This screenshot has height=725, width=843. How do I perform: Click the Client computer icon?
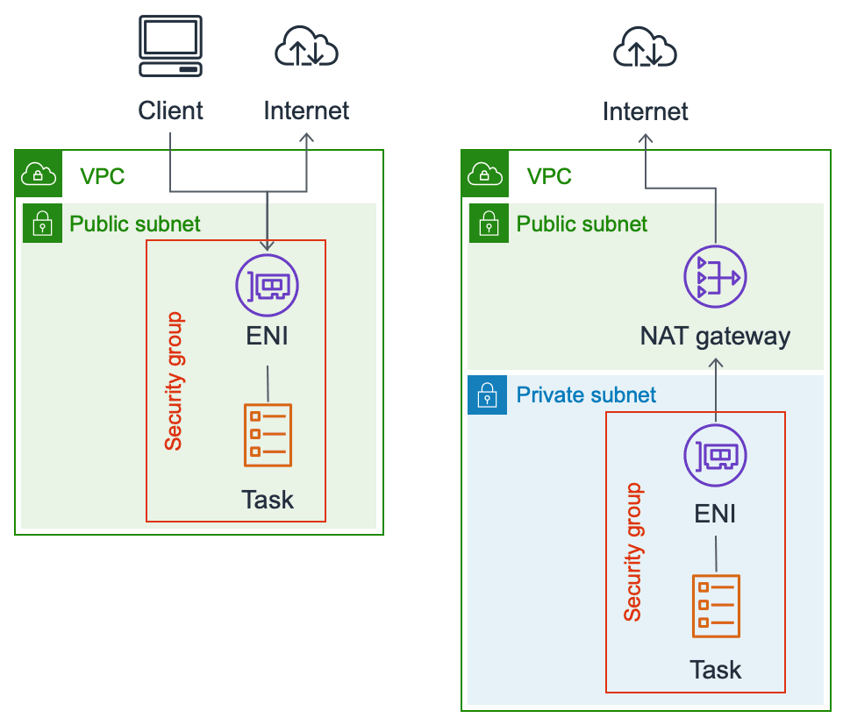pyautogui.click(x=170, y=48)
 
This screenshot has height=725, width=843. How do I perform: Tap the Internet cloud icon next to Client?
pyautogui.click(x=306, y=48)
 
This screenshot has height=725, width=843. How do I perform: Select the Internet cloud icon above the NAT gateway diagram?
pyautogui.click(x=645, y=48)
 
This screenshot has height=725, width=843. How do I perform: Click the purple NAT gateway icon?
pyautogui.click(x=714, y=278)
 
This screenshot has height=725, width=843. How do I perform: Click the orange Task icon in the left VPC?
pyautogui.click(x=268, y=435)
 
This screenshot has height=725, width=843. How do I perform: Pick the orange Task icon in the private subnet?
pyautogui.click(x=716, y=606)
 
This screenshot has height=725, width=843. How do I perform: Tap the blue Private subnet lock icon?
pyautogui.click(x=488, y=395)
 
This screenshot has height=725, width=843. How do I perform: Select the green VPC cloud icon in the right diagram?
pyautogui.click(x=484, y=175)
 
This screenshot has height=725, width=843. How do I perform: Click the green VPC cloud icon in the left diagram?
pyautogui.click(x=38, y=175)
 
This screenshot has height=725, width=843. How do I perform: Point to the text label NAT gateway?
pyautogui.click(x=715, y=336)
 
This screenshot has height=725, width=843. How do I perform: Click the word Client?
pyautogui.click(x=170, y=110)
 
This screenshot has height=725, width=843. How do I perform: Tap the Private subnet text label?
pyautogui.click(x=586, y=394)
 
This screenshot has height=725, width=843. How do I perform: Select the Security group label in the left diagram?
pyautogui.click(x=174, y=381)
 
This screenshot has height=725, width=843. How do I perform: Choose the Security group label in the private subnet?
pyautogui.click(x=632, y=552)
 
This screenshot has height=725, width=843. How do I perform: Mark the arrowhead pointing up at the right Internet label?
pyautogui.click(x=646, y=138)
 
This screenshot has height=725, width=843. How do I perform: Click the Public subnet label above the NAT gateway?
pyautogui.click(x=582, y=224)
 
